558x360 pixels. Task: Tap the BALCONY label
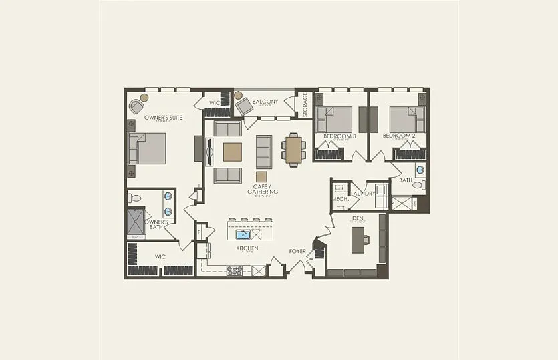(265, 102)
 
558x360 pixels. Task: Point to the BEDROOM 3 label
(339, 136)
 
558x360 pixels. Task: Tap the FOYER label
(297, 252)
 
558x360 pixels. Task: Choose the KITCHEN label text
(247, 248)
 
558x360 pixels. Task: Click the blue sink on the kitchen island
(241, 234)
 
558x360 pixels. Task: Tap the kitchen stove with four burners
(235, 271)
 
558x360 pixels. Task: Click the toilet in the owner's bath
(135, 198)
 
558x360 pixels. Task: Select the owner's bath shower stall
(136, 222)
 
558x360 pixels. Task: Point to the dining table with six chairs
(293, 149)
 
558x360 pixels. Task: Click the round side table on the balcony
(238, 95)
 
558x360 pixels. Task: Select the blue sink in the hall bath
(420, 170)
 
